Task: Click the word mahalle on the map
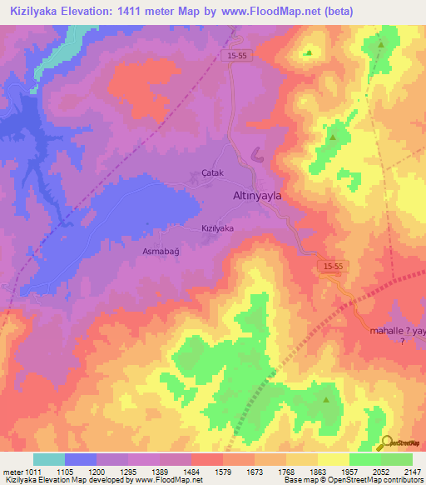[x=387, y=331]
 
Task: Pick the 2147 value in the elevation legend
[x=412, y=472]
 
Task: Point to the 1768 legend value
[x=285, y=472]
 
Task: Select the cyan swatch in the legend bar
[x=49, y=459]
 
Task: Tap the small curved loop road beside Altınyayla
[x=255, y=155]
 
